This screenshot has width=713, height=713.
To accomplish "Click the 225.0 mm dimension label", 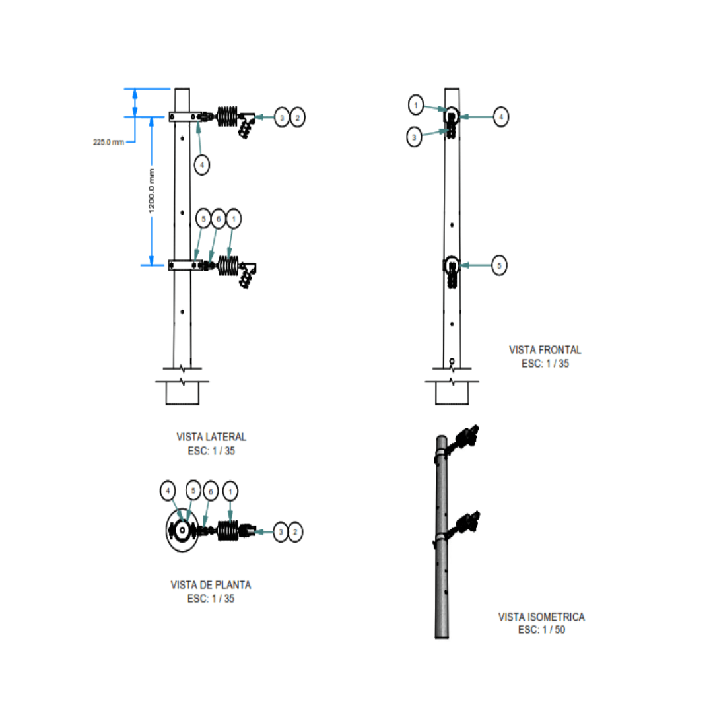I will (109, 142).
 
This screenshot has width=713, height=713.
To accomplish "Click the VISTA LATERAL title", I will (211, 437).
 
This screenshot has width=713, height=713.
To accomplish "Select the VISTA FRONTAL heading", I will (545, 350).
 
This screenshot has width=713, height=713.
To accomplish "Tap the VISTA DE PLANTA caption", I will (211, 585).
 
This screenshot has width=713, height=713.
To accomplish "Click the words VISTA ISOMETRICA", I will (541, 617).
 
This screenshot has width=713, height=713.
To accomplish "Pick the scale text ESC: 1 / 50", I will (541, 630).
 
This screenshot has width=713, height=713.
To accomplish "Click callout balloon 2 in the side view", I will (298, 118).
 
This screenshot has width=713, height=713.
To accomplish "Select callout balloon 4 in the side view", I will (202, 165).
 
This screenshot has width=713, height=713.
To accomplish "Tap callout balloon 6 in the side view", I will (218, 218).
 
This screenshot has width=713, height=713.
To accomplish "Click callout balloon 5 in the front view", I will (500, 265).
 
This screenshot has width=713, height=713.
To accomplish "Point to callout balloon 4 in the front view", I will (501, 117).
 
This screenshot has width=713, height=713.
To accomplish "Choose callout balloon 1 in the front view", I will (416, 104).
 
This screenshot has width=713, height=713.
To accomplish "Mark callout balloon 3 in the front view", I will (415, 137).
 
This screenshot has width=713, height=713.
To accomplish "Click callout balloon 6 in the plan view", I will (211, 491).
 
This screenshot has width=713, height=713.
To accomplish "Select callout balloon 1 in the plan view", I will (230, 491).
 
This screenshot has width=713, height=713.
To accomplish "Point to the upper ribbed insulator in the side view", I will (228, 117).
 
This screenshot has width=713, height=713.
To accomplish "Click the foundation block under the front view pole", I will (452, 393).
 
